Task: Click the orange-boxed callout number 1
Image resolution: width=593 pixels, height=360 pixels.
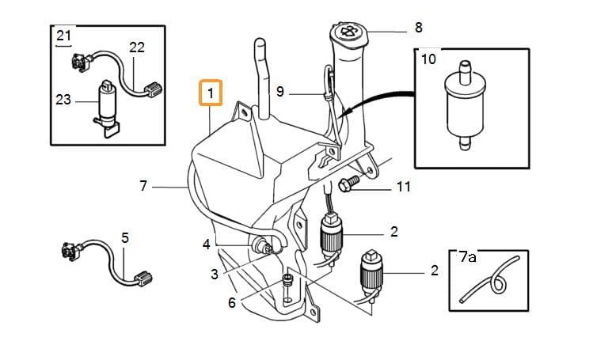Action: click(x=211, y=93)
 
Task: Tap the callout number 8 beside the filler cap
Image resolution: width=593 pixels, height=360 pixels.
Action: click(x=418, y=28)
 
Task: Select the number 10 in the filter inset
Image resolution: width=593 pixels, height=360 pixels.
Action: click(x=428, y=59)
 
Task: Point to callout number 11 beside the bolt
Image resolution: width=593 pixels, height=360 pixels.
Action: click(x=404, y=187)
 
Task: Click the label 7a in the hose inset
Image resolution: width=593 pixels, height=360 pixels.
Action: click(x=467, y=258)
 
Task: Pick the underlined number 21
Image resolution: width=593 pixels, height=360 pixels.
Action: click(x=63, y=36)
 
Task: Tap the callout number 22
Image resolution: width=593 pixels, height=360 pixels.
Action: click(x=137, y=47)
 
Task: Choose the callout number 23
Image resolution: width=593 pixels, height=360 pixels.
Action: click(x=63, y=100)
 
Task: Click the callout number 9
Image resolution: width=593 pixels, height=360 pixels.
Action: click(x=279, y=92)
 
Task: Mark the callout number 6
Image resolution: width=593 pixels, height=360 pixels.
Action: click(x=232, y=302)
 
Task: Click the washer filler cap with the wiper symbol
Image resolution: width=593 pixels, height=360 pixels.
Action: click(x=349, y=32)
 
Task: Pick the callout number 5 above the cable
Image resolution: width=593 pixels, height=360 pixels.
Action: click(x=125, y=238)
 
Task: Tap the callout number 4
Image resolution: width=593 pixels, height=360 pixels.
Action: click(x=206, y=244)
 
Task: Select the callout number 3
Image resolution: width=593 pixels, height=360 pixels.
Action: click(x=215, y=275)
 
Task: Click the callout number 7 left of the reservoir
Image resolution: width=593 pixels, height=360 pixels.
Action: click(x=143, y=186)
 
